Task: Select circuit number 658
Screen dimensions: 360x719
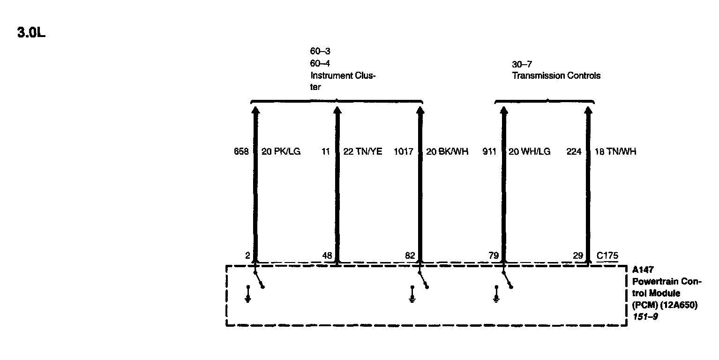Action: point(241,152)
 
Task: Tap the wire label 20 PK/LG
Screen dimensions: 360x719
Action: point(280,152)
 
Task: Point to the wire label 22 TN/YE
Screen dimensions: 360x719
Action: point(363,152)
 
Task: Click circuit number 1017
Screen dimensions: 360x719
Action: point(404,152)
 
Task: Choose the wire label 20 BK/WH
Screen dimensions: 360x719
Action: point(447,152)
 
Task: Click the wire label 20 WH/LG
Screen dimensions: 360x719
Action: point(529,152)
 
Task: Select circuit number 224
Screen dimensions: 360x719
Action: point(574,152)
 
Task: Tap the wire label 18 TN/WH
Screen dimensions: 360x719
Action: point(615,152)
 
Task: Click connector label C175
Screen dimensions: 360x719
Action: point(607,256)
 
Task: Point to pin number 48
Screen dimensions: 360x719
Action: point(328,256)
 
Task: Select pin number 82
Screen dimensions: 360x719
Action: point(410,256)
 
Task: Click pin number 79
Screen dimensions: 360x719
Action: point(494,256)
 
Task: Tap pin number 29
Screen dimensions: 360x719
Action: point(578,256)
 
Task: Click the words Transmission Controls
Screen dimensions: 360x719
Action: point(556,76)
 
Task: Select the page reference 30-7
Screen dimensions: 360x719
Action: point(522,64)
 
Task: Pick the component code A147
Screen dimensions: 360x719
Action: point(642,270)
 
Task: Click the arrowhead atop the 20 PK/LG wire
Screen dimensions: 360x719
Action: point(255,110)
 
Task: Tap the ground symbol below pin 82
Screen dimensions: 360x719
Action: point(412,298)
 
